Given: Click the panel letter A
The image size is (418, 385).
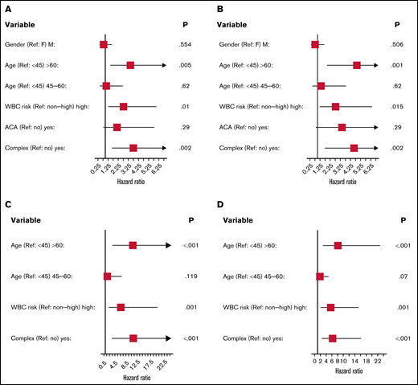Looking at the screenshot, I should click(x=7, y=8).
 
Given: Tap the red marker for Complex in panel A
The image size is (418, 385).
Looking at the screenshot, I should click(x=133, y=148).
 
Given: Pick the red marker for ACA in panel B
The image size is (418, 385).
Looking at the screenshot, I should click(x=342, y=127).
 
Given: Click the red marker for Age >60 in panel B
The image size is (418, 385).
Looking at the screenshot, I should click(x=357, y=64).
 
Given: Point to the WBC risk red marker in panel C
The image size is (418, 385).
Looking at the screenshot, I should click(x=121, y=307).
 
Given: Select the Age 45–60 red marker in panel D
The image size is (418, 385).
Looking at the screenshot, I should click(x=320, y=276).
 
